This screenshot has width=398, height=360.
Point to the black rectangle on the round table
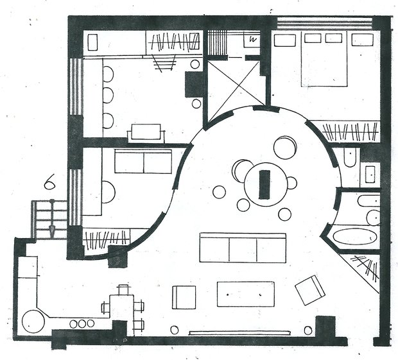coord(264,184)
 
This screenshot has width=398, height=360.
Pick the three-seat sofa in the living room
coord(243,248)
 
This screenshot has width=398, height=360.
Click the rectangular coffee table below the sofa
coord(245,294)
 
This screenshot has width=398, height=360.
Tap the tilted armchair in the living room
coord(311,289)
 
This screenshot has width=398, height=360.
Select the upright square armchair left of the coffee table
coord(184,297)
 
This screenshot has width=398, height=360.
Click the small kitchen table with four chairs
coord(122,307)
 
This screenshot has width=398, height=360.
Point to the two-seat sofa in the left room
coord(143,161)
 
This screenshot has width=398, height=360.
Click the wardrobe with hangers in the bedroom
coord(349,132)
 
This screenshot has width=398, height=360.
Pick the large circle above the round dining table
coord(285,147)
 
